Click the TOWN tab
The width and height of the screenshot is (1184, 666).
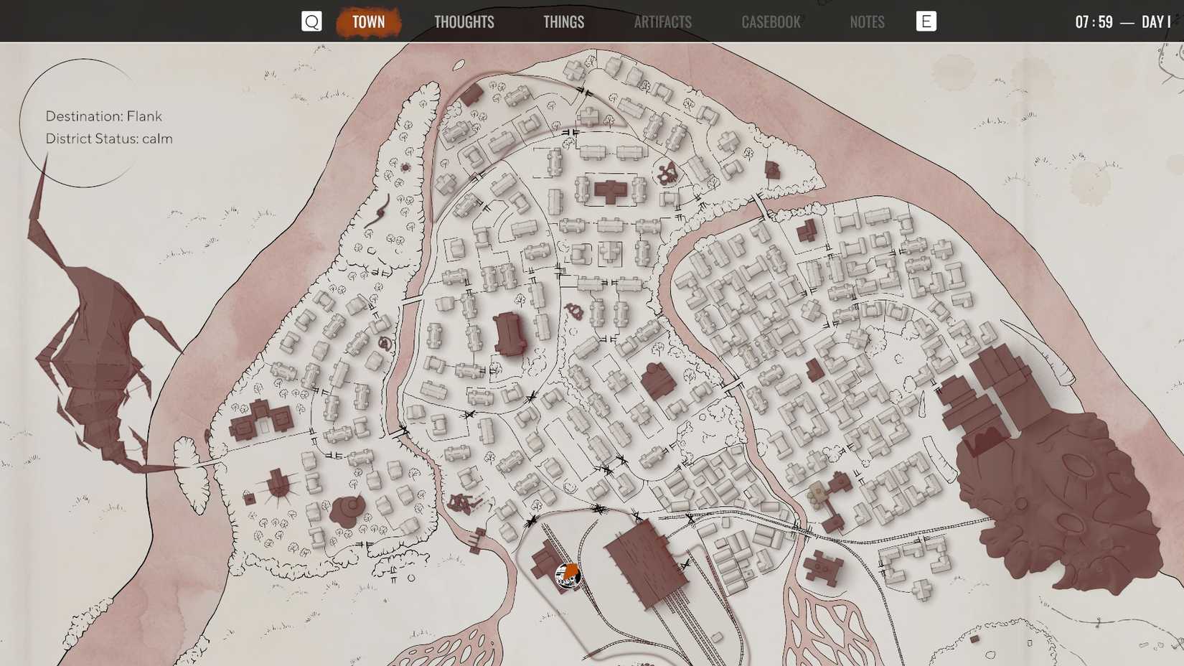point(368,22)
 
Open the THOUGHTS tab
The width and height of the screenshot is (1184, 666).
point(464,22)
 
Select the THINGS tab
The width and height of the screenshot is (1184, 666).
point(563,22)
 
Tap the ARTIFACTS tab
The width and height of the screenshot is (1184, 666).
point(662,22)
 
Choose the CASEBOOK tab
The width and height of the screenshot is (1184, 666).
point(771,22)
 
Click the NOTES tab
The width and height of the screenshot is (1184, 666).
point(867,22)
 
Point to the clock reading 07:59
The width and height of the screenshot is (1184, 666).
point(1094,22)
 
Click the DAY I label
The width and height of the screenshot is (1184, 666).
point(1155,22)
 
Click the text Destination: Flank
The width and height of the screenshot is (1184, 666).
point(103,116)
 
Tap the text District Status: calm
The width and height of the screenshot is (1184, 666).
point(108,139)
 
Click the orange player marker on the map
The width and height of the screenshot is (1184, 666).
point(568,575)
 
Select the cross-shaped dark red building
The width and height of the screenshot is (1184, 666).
point(610,191)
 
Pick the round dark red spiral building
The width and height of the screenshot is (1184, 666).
point(349,510)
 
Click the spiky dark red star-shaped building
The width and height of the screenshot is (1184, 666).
point(278,486)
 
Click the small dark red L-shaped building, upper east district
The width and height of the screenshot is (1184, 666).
point(807,231)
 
